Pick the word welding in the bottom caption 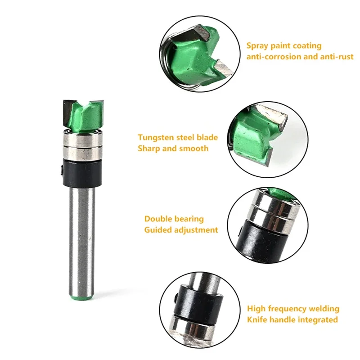coord(324,309)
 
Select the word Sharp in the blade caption coord(149,148)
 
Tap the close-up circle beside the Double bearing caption coord(261,224)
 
